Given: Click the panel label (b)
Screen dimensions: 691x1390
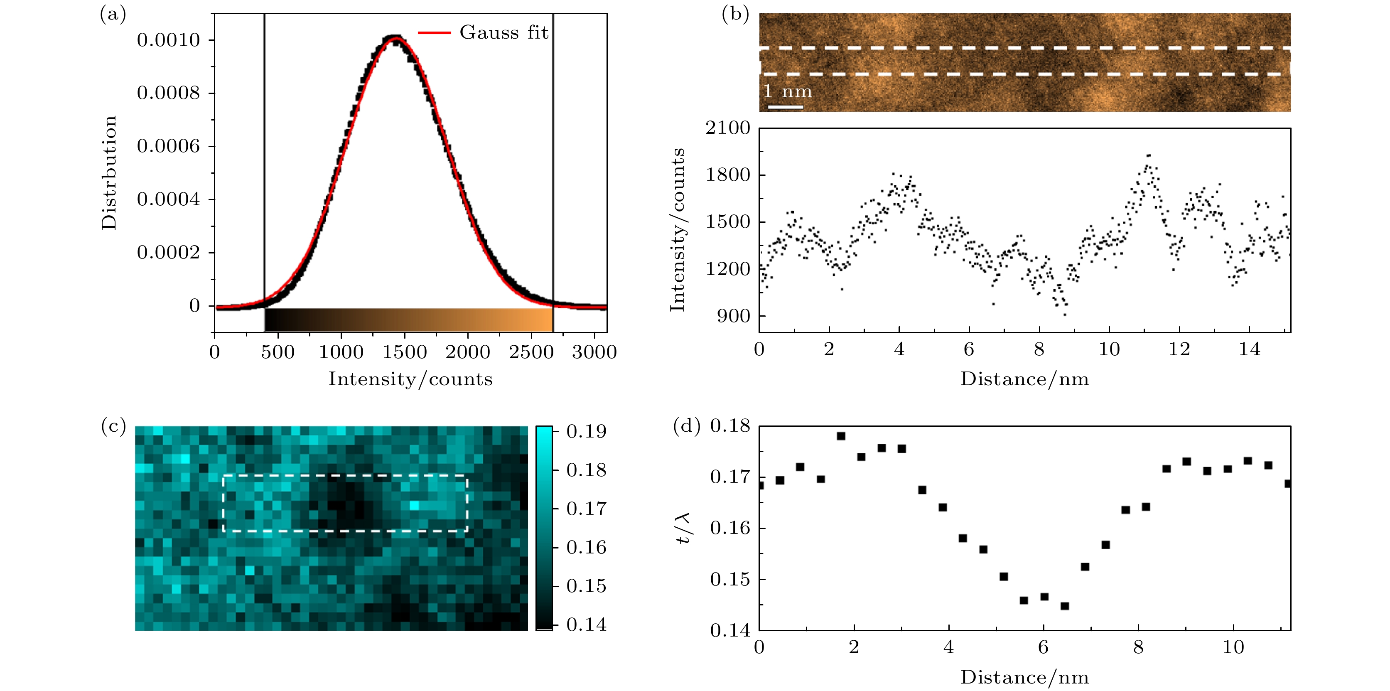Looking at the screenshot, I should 735,14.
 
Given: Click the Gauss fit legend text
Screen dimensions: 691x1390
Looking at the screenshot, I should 504,32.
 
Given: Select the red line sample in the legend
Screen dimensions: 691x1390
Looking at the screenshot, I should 435,33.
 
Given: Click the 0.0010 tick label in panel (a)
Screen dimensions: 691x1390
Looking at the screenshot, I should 168,40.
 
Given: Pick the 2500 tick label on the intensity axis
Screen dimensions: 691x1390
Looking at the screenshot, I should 531,352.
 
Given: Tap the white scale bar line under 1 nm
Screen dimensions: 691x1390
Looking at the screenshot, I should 786,107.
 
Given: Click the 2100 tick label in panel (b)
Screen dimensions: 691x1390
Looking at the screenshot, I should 728,128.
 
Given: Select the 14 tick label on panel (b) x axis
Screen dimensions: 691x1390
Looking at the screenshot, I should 1249,349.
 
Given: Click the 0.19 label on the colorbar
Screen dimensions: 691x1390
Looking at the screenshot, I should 587,431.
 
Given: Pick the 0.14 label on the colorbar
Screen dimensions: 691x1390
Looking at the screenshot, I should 587,625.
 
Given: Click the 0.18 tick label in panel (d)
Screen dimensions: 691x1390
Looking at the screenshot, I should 730,426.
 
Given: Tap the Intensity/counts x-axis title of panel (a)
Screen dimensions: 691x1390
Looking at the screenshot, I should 410,379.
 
